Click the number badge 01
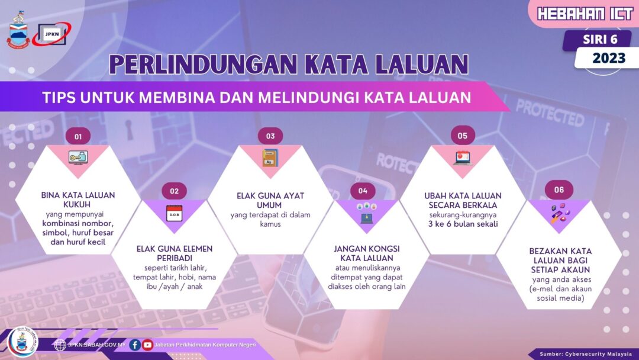(x=78, y=136)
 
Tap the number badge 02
(x=175, y=191)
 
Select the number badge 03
(x=270, y=136)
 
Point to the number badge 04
(x=363, y=191)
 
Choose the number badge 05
(x=463, y=136)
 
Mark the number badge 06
(x=559, y=190)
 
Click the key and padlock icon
(x=78, y=157)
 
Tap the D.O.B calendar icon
(x=175, y=213)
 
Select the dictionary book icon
(x=270, y=157)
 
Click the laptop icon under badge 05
(x=463, y=158)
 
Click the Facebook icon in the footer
(x=135, y=345)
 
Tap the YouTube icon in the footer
(x=147, y=345)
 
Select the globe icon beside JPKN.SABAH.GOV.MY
(x=60, y=345)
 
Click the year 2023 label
(x=609, y=58)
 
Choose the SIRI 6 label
(x=600, y=40)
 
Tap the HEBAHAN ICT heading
(x=585, y=14)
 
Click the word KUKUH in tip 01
(x=77, y=204)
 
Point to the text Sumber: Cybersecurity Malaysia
(x=586, y=354)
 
